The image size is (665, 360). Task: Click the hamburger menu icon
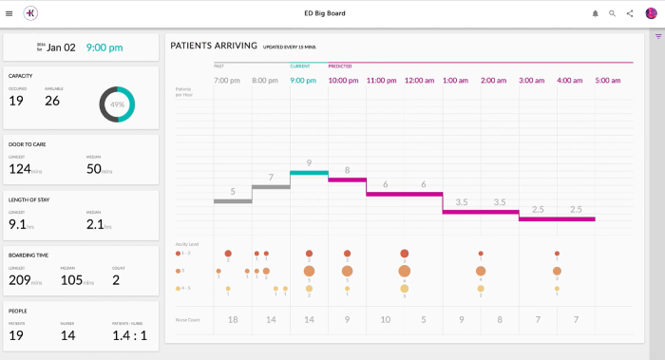tap(9, 13)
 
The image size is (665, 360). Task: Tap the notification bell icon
tap(596, 13)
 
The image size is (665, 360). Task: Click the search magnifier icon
tap(613, 13)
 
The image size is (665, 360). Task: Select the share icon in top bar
tap(630, 13)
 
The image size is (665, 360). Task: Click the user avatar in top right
tap(651, 13)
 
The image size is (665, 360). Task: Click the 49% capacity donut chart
tap(118, 104)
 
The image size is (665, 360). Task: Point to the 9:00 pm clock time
tap(104, 47)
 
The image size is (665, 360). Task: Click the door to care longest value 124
tap(19, 169)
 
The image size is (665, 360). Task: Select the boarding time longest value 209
tap(19, 281)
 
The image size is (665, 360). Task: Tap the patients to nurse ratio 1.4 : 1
tap(129, 335)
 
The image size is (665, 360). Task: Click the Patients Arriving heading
tap(213, 46)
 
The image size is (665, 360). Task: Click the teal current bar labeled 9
tap(309, 173)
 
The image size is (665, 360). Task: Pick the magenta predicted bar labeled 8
tap(347, 180)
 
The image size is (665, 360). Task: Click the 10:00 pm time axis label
tap(343, 81)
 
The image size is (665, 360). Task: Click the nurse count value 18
tap(233, 320)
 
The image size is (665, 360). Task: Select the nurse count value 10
tap(385, 320)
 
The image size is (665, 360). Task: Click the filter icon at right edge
tap(657, 36)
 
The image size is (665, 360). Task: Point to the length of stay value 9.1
tap(17, 225)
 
